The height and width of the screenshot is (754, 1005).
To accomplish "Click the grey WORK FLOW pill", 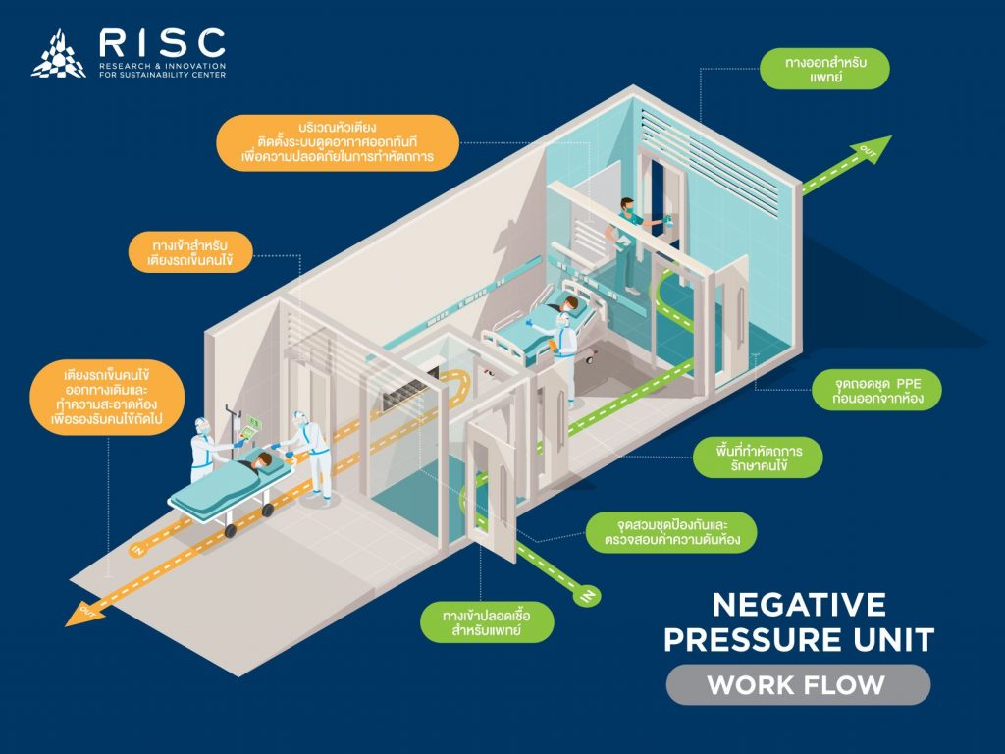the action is tap(798, 684).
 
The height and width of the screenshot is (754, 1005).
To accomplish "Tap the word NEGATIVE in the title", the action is tap(799, 605).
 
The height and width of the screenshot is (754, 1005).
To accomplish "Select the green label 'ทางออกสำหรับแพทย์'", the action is tap(824, 70).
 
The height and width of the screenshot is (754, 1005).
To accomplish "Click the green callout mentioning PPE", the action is tap(876, 391).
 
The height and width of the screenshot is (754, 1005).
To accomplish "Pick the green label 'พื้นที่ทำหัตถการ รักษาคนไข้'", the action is tap(759, 458).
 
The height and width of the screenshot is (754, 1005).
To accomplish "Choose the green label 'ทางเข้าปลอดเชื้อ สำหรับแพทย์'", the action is tap(487, 621).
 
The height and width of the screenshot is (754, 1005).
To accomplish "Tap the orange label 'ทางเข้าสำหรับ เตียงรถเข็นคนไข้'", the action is tap(190, 252).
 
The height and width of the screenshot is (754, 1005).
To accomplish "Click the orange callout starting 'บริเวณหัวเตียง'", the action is tap(338, 142).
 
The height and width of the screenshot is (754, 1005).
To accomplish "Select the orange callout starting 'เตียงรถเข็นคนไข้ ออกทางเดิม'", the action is tap(107, 397).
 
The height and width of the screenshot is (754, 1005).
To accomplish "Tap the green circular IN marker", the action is tap(587, 596).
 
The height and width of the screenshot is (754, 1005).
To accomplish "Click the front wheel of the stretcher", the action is tap(230, 530).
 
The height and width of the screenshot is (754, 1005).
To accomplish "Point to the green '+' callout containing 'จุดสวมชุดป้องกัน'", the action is tap(671, 532).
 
